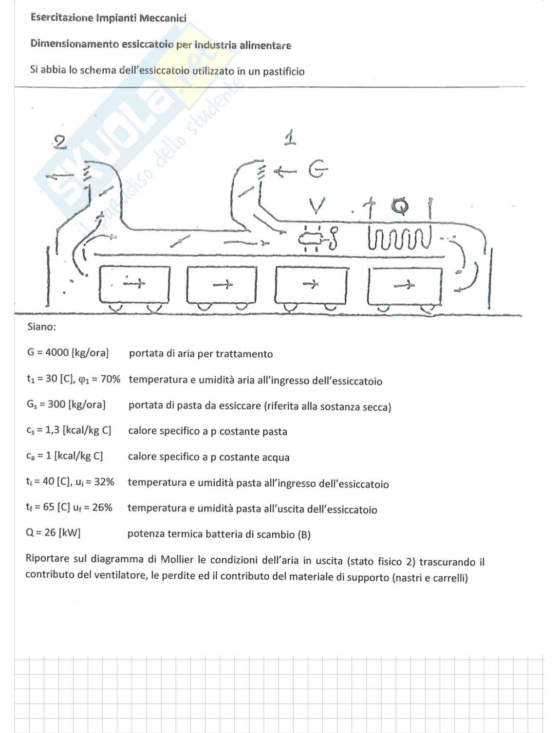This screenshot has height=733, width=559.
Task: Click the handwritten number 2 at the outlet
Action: coord(59,142)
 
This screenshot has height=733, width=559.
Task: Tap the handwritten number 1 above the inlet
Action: coord(290,138)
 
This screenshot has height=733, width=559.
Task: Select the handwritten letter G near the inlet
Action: coord(317,170)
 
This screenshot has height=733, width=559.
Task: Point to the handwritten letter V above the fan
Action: coord(317,206)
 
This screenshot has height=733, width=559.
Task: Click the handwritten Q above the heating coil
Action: coord(400,206)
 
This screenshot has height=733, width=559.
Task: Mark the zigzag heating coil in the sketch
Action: coord(399,239)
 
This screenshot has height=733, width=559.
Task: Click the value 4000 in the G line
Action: coord(57,352)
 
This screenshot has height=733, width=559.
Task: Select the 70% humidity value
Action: coord(110,379)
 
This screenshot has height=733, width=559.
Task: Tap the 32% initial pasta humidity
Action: coord(104,482)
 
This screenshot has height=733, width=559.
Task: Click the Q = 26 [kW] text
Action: coord(53,532)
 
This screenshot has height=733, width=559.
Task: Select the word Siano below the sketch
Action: coord(41,327)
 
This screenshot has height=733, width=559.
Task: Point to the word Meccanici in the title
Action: coord(163,18)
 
